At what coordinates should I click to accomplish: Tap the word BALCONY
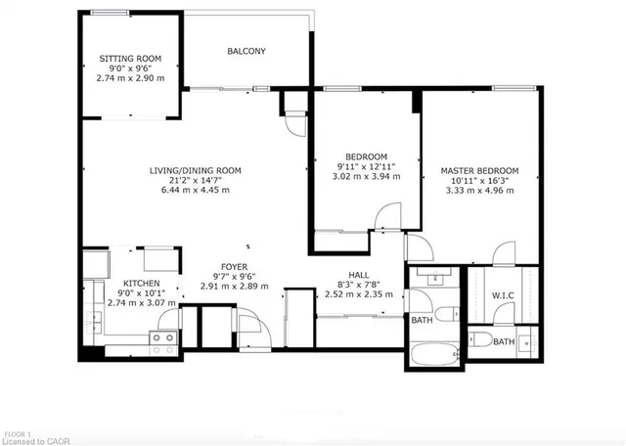pyautogui.click(x=246, y=51)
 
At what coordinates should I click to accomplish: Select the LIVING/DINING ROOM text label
pyautogui.click(x=195, y=170)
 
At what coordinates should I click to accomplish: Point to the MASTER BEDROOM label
pyautogui.click(x=479, y=169)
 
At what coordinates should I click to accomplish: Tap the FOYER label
pyautogui.click(x=234, y=266)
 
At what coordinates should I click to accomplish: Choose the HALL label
pyautogui.click(x=359, y=276)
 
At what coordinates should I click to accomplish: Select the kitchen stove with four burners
pyautogui.click(x=162, y=341)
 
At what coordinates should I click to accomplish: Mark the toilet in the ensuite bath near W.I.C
pyautogui.click(x=484, y=340)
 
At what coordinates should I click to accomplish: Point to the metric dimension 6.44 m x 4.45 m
pyautogui.click(x=195, y=191)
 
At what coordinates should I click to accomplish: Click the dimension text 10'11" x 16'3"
pyautogui.click(x=479, y=180)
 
